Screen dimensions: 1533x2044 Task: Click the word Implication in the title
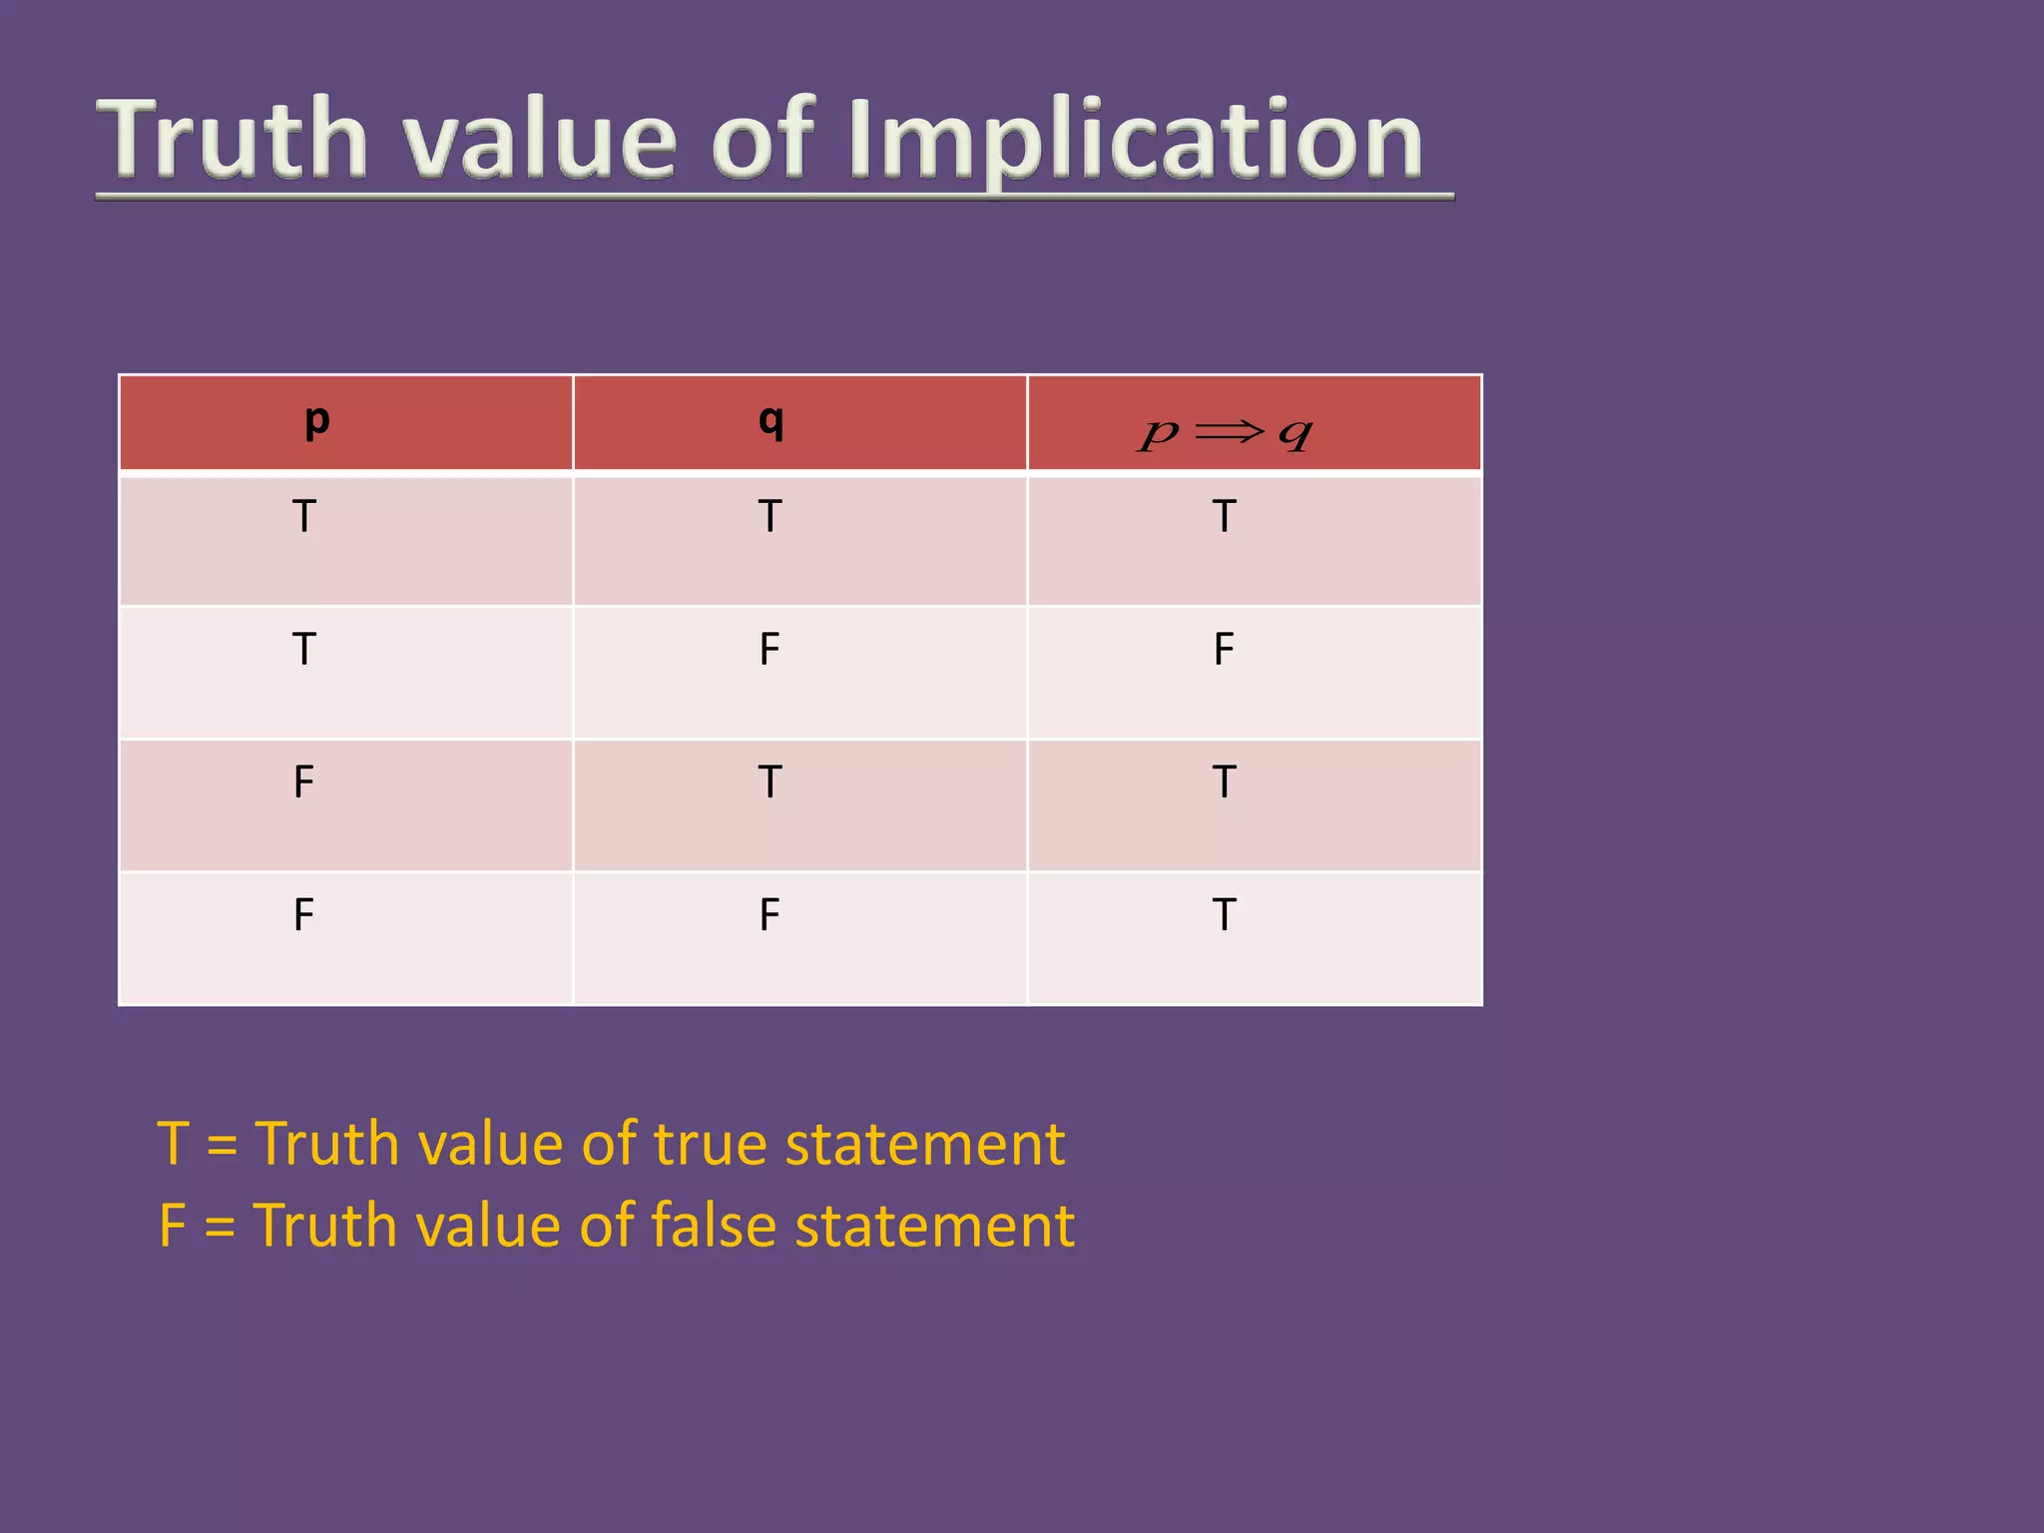click(1136, 140)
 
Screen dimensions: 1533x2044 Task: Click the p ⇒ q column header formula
click(1226, 433)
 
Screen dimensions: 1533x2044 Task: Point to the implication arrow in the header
click(1229, 431)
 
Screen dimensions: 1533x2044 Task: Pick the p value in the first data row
click(304, 517)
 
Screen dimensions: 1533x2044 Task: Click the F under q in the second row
click(769, 650)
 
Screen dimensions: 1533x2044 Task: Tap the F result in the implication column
click(1225, 650)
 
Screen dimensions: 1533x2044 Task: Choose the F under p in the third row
click(304, 782)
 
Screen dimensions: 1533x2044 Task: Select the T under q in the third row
click(769, 782)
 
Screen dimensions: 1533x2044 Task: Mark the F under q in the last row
click(769, 915)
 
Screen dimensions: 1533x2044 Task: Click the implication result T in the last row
click(1225, 915)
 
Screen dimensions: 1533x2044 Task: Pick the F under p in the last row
click(304, 915)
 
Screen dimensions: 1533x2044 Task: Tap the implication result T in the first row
click(1225, 517)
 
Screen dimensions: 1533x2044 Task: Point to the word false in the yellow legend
click(713, 1226)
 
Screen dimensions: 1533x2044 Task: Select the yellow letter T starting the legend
click(173, 1144)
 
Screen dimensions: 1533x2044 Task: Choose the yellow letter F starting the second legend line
click(173, 1226)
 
